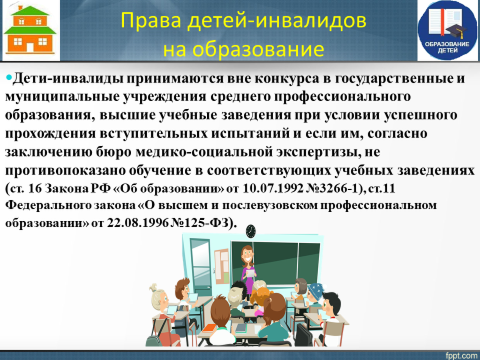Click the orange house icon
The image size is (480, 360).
tap(30, 30)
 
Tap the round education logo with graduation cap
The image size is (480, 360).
tap(447, 30)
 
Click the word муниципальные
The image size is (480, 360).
tap(62, 97)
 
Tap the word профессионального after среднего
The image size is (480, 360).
tap(342, 97)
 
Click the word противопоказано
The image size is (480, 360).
tap(64, 171)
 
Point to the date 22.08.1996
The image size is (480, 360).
tap(137, 223)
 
